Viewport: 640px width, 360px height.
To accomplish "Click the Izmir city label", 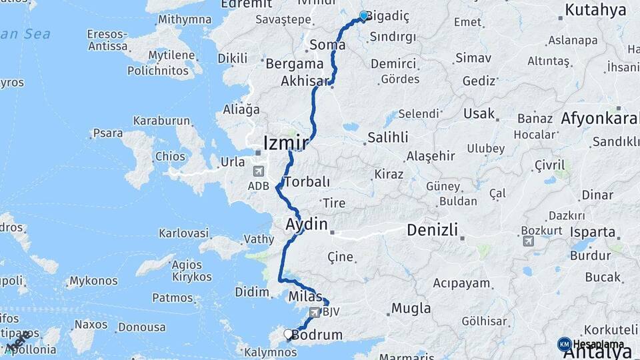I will [286, 143].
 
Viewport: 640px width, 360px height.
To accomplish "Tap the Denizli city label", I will [433, 231].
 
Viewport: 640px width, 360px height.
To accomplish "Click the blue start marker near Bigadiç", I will [364, 15].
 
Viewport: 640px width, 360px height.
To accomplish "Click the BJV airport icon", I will [315, 312].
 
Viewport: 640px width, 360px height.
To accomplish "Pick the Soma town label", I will [328, 45].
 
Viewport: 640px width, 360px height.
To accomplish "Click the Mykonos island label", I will [93, 281].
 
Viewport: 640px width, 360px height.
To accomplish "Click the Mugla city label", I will [406, 308].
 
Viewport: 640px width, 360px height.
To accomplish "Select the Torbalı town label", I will [307, 181].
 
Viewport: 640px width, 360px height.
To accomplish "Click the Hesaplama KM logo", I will [564, 344].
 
